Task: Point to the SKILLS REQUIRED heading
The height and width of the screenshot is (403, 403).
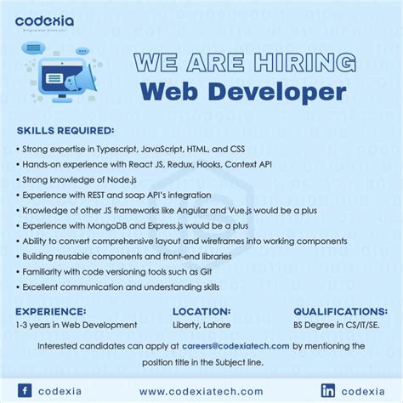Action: click(65, 131)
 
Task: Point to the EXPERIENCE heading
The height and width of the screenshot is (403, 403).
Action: click(51, 311)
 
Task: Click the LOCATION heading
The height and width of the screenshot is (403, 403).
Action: click(201, 311)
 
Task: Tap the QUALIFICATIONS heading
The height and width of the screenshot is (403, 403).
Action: click(340, 311)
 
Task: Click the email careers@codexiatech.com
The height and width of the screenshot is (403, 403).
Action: click(236, 346)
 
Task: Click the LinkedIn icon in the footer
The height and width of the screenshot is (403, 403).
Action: click(328, 390)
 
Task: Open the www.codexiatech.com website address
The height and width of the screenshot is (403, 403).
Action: click(201, 390)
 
